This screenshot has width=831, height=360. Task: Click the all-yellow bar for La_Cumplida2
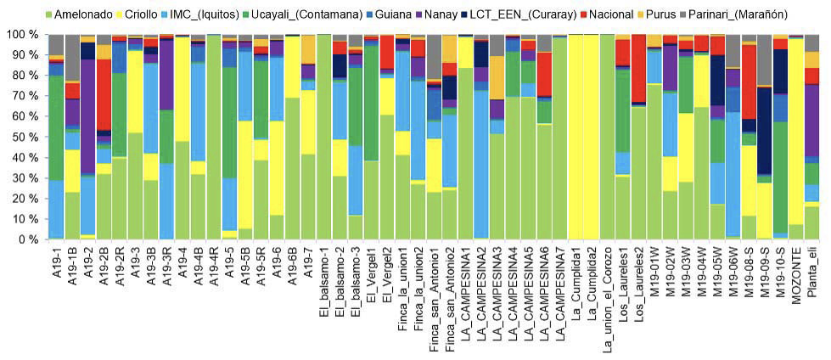[x=592, y=136]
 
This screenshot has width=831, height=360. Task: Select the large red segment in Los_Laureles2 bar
[x=639, y=68]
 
